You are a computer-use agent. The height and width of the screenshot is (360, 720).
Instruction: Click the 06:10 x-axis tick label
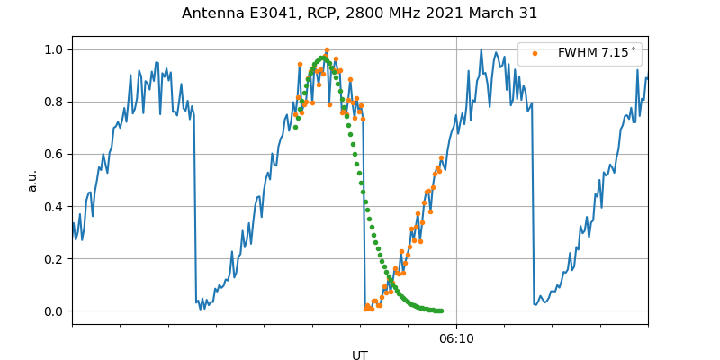click(456, 338)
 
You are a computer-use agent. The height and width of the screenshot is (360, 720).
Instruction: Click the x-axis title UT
click(360, 355)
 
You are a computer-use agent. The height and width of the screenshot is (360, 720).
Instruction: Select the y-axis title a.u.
click(32, 180)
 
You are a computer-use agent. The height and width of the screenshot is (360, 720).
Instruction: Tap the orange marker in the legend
click(535, 53)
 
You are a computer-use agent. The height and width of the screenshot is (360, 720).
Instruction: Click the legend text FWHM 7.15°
click(597, 53)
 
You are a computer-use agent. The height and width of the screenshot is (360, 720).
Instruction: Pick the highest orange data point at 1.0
click(327, 50)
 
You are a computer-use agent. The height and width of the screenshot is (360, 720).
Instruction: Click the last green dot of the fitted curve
click(441, 310)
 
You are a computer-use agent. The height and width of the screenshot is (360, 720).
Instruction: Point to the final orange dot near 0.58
click(441, 158)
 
